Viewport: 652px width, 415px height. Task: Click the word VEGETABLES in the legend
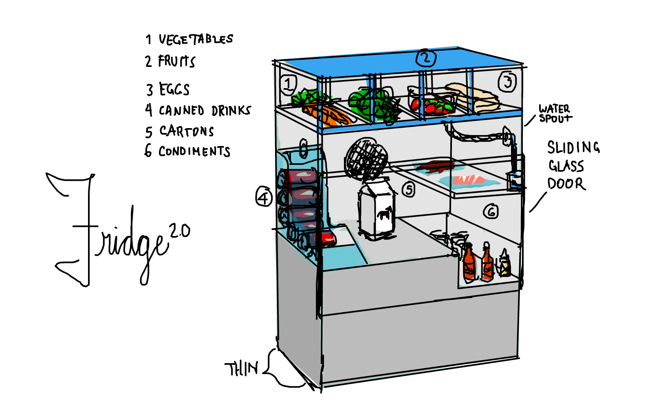point(196,39)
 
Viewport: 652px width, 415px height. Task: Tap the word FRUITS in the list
point(177,61)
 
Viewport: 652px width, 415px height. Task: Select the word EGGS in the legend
point(174,89)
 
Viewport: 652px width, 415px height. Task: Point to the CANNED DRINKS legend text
point(205,111)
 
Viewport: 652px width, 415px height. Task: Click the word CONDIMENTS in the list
point(194,151)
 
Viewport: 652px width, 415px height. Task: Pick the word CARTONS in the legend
point(187,131)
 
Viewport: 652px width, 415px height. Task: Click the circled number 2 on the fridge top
point(426,58)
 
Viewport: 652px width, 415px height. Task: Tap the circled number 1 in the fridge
point(288,84)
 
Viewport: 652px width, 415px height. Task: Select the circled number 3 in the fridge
point(507,82)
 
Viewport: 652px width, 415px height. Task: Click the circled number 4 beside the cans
point(264,198)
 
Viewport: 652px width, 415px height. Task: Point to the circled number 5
point(409,190)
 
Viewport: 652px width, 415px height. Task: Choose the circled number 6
point(491,211)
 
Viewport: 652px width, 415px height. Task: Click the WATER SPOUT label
point(555,114)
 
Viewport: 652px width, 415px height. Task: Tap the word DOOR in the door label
point(566,184)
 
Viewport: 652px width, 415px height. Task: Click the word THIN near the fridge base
point(241,369)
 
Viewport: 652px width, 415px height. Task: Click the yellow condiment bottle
point(505,263)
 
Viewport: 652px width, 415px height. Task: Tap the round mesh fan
point(366,158)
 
